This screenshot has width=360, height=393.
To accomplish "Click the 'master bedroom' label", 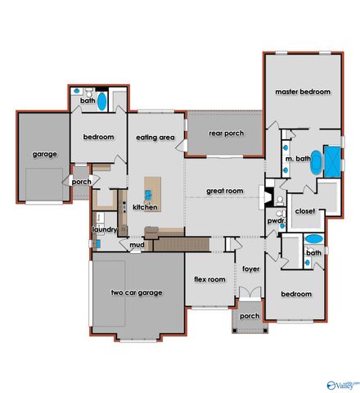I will click(302, 93).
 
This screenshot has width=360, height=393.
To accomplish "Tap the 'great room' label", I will click(225, 191).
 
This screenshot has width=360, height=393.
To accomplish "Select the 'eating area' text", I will click(155, 138).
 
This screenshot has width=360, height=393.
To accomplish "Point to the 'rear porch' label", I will click(227, 133).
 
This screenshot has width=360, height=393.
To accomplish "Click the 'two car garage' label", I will click(137, 292).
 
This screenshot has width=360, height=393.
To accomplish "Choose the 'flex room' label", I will click(209, 279).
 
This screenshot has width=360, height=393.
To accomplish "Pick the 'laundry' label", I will click(105, 230).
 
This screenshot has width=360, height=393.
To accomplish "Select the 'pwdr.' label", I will click(275, 221).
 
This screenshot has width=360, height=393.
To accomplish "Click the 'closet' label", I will click(304, 210).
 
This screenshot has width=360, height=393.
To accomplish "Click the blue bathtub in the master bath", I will click(333, 159).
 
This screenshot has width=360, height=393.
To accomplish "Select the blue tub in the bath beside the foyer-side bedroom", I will click(314, 240).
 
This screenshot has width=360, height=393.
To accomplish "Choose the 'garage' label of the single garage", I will click(43, 154).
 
